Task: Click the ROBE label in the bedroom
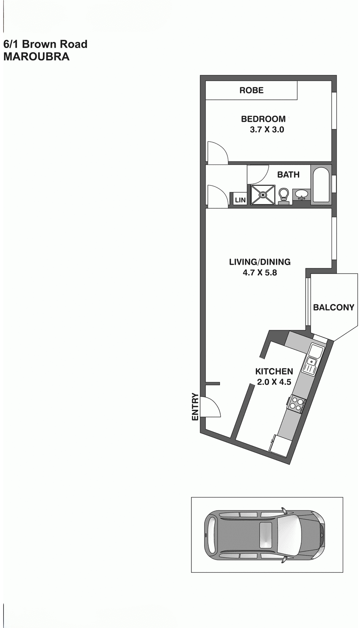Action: click(x=251, y=90)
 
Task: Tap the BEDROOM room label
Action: click(x=263, y=119)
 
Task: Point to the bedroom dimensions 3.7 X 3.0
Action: click(x=267, y=130)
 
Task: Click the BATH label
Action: click(x=288, y=175)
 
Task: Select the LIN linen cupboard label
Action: click(x=240, y=200)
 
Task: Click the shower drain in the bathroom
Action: click(x=263, y=195)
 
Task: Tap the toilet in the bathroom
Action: click(x=284, y=195)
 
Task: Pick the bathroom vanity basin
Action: click(x=300, y=195)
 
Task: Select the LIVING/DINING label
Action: click(x=259, y=262)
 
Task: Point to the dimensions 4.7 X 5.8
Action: click(x=259, y=273)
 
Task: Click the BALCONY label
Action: click(x=334, y=308)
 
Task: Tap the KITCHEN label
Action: click(x=274, y=371)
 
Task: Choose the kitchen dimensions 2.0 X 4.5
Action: click(x=274, y=382)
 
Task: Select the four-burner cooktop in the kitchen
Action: click(x=297, y=403)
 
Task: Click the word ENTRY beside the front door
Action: click(x=195, y=407)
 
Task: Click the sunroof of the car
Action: click(x=265, y=535)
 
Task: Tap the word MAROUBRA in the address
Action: click(x=36, y=56)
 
